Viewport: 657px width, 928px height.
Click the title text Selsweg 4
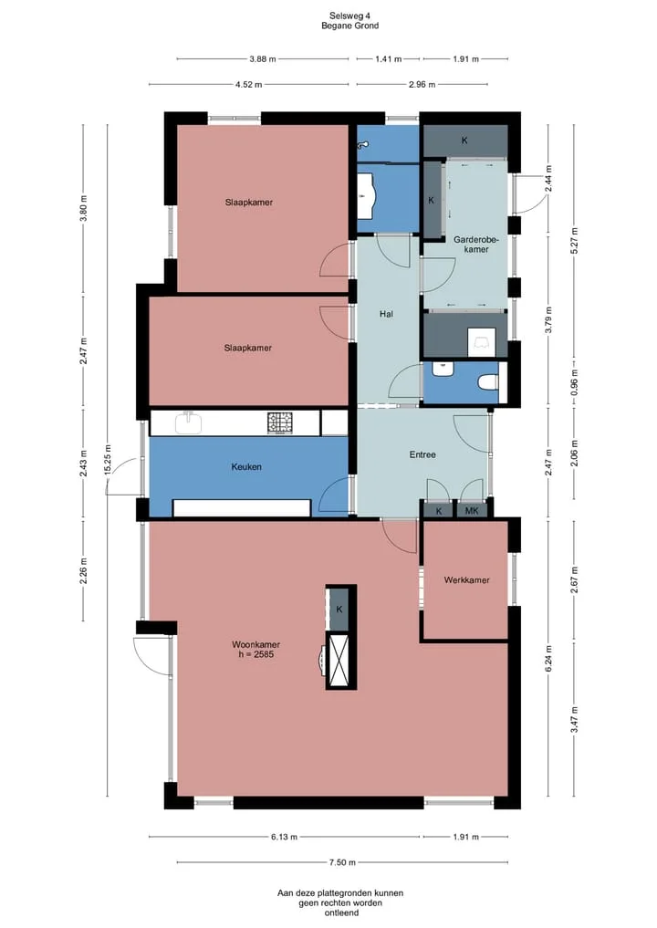349,16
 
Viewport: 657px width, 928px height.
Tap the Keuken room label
246,467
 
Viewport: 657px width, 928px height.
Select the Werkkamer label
466,580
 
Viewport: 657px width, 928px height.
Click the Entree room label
422,454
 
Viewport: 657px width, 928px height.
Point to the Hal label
387,314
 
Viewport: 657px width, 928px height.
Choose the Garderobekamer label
476,245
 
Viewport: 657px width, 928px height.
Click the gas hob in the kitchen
280,422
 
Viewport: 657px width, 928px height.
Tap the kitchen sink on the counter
189,422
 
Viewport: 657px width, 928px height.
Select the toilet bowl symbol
488,383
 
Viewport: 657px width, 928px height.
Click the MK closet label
472,511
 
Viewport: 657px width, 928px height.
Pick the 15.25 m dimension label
108,460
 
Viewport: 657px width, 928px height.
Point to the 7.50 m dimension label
342,862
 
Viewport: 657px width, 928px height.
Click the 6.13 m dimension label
284,837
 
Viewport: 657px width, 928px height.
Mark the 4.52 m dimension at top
248,85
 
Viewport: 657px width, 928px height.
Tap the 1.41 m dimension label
389,59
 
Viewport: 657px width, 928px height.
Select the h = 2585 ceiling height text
255,654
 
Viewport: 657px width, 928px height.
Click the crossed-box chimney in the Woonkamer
340,658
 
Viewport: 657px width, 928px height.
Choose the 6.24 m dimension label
548,659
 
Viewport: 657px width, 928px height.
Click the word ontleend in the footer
341,912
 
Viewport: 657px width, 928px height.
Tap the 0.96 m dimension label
574,383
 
